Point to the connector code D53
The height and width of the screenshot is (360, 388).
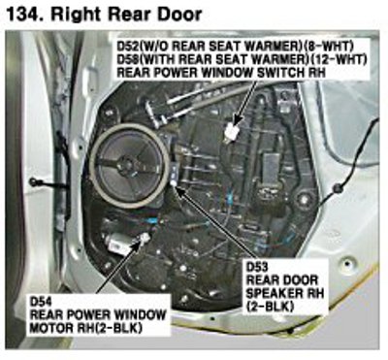[257, 268]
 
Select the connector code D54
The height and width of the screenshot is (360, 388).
[41, 303]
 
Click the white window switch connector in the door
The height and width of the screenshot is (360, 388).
[233, 131]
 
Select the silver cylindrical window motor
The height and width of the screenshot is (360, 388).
[119, 244]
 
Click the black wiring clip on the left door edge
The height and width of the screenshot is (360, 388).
[33, 182]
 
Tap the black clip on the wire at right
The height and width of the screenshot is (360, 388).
[339, 187]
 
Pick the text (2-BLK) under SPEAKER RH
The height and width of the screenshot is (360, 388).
[271, 307]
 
